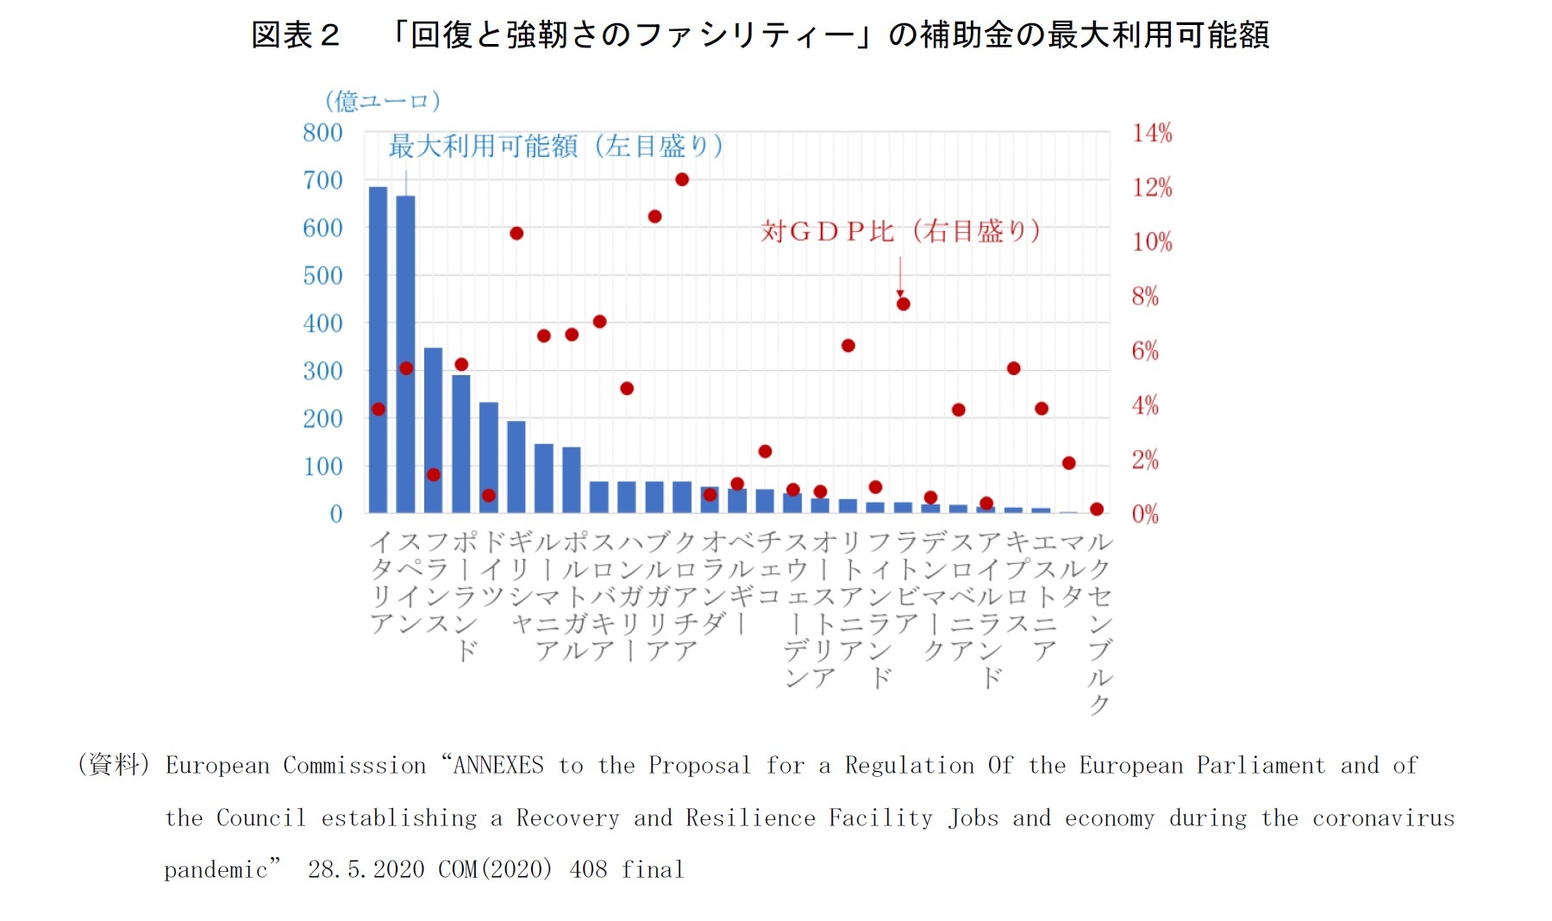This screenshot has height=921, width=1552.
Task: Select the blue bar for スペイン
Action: [x=405, y=354]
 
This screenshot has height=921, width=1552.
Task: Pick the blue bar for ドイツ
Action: [x=488, y=457]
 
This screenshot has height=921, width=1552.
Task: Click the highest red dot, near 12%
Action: [x=682, y=179]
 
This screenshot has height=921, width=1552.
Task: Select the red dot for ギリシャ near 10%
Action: [x=516, y=234]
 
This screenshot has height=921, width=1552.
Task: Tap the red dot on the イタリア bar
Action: [x=378, y=409]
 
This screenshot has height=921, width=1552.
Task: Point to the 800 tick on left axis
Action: [x=322, y=133]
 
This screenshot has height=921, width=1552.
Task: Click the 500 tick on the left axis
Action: [x=322, y=276]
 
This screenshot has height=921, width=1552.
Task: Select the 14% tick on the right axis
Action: [x=1152, y=133]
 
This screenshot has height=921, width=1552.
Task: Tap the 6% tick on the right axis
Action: [x=1145, y=351]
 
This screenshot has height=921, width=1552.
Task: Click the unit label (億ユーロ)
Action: [x=383, y=101]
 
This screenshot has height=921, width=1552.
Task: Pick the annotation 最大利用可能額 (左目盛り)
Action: [x=555, y=146]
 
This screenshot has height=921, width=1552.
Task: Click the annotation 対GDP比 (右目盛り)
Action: [x=900, y=231]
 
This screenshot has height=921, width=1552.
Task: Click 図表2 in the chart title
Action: [x=295, y=35]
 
